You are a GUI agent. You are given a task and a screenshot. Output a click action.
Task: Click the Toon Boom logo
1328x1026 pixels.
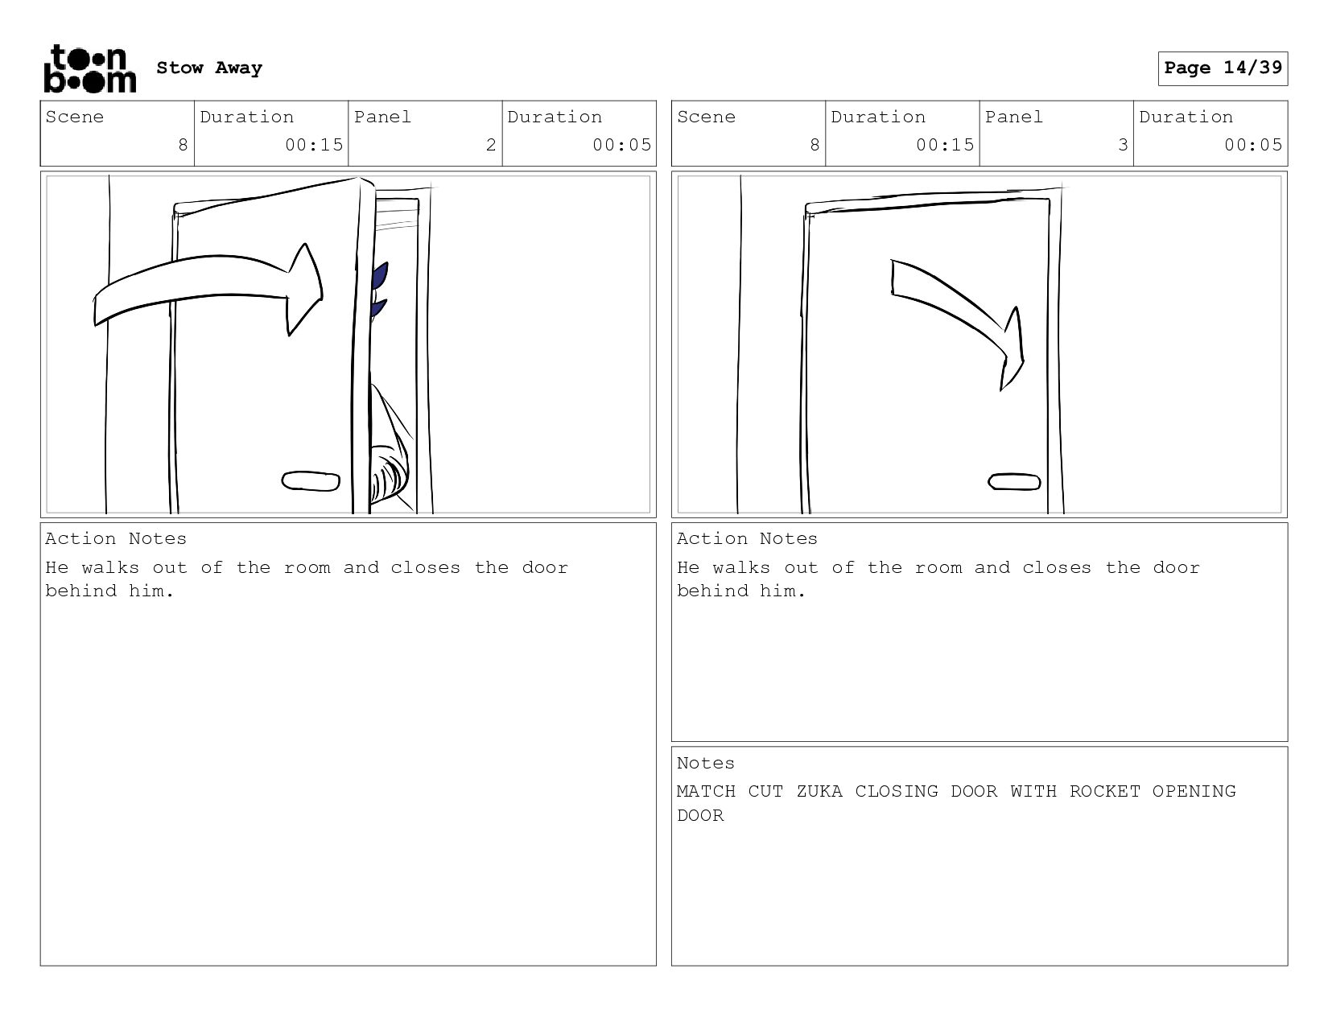90,68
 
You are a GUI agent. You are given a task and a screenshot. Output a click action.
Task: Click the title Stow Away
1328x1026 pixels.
209,68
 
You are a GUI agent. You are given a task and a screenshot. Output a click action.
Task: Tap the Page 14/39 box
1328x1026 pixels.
1223,68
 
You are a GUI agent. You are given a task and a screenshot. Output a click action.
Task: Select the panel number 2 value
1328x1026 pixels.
491,145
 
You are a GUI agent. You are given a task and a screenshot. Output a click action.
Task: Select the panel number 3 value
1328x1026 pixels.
1123,145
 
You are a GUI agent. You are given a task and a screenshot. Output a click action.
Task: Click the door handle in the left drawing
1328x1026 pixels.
311,481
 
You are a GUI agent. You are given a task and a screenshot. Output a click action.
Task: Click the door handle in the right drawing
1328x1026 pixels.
1014,481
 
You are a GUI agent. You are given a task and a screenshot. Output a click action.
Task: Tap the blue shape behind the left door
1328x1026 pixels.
379,290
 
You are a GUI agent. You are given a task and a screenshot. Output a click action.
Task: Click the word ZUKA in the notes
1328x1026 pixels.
819,791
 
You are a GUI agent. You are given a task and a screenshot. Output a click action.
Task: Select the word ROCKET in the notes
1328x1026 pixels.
1104,791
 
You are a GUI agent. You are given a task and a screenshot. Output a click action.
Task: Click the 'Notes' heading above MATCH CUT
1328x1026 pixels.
705,763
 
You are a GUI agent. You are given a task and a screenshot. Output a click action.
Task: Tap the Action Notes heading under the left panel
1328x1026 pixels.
116,538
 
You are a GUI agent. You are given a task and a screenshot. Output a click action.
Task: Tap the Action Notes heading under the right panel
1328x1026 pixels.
747,538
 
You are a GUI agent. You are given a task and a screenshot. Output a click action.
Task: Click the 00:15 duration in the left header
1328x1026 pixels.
314,145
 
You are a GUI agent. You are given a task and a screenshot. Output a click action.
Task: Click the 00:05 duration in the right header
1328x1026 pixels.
1253,145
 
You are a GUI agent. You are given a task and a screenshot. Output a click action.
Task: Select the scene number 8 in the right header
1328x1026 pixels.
814,145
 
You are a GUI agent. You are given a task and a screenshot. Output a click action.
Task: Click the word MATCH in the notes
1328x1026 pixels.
706,791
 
